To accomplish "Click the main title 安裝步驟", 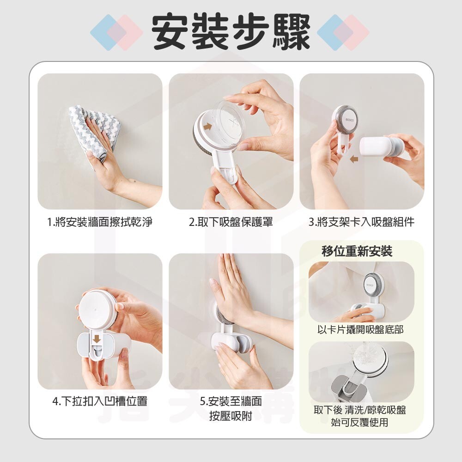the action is (231, 32).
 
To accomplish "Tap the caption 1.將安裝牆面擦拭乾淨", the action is (100, 222).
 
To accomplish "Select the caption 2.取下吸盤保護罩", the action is (231, 222).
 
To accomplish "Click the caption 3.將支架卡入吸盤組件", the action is (362, 222).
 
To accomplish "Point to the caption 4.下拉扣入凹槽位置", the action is (100, 401).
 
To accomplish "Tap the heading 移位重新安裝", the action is (357, 251).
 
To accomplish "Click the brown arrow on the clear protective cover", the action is (208, 127).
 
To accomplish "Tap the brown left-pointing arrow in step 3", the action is (354, 159).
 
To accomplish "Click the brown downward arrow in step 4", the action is (96, 339).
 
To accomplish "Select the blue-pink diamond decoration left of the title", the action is (116, 32).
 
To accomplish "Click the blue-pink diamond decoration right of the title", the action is (343, 32).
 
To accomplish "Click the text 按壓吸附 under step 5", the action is (231, 416).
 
